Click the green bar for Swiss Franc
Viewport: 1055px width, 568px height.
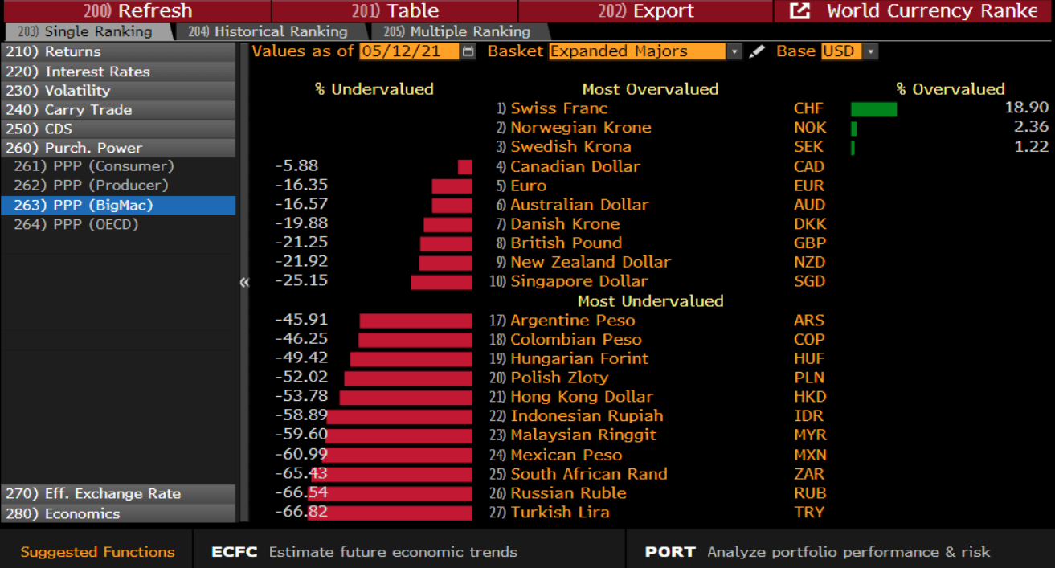[873, 109]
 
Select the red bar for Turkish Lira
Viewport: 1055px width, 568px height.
[391, 513]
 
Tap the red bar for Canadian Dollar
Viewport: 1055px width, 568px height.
[464, 167]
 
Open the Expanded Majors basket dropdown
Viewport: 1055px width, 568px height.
[734, 51]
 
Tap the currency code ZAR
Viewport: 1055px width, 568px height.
[809, 474]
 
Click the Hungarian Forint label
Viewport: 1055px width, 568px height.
[579, 358]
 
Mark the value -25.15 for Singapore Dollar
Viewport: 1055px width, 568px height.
[301, 281]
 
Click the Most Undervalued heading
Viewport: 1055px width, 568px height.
[650, 301]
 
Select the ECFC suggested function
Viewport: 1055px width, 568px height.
[235, 552]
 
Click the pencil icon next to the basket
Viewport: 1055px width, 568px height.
[757, 51]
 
